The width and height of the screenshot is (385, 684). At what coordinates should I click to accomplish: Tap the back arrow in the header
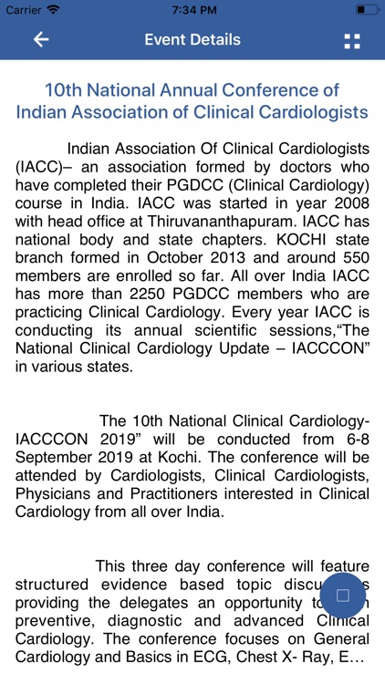(40, 39)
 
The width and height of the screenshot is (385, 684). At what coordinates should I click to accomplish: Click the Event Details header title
(192, 39)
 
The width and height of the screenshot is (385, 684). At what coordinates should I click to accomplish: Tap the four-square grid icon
(351, 40)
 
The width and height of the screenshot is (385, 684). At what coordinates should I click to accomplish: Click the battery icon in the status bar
(366, 9)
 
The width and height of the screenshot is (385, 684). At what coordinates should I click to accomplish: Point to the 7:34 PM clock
(192, 9)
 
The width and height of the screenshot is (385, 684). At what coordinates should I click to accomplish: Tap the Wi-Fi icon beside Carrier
(54, 9)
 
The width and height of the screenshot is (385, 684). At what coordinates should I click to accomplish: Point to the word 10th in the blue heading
(66, 90)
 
